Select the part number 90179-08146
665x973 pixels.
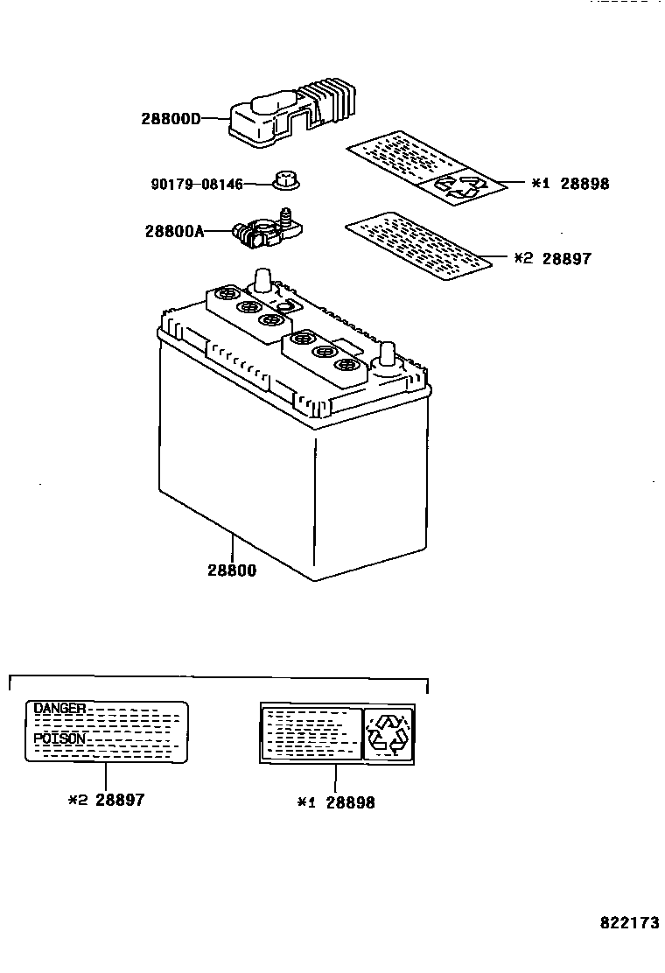pos(197,184)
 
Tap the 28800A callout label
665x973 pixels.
pos(174,231)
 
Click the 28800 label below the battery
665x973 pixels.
pos(232,570)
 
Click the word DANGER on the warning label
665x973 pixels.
pos(59,707)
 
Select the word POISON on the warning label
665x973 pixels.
pos(59,738)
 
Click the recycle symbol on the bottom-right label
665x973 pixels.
pos(388,732)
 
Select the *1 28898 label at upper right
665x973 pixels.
pos(570,184)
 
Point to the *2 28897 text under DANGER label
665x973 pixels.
pos(106,800)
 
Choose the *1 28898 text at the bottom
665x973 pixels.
pos(336,801)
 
